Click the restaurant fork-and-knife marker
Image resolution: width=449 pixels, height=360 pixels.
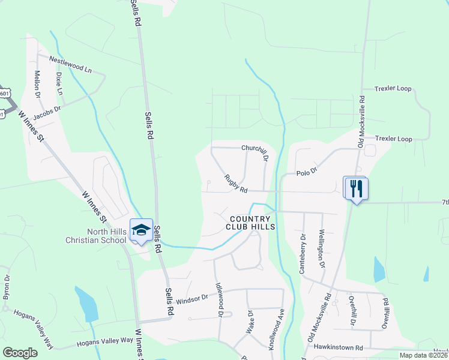[x=357, y=188]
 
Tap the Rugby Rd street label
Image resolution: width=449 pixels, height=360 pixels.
[x=236, y=184]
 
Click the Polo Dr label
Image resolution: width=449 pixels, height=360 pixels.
[x=306, y=173]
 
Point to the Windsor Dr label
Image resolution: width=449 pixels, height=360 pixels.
[x=191, y=298]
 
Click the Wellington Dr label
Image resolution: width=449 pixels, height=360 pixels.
[x=322, y=248]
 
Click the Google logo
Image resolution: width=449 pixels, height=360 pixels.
[x=20, y=353]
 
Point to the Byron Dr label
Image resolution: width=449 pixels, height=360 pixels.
[x=7, y=287]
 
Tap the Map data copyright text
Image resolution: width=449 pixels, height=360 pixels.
[x=423, y=355]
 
